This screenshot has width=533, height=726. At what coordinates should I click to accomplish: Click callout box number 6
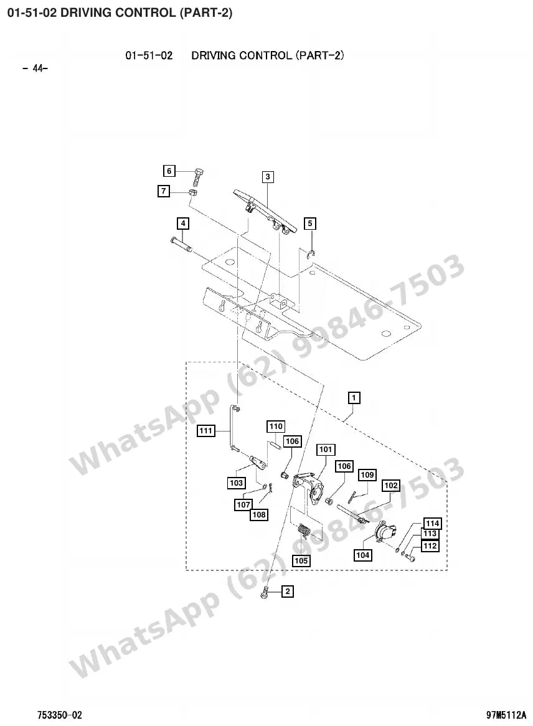[x=169, y=171]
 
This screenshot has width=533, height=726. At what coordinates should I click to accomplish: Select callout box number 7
[x=164, y=191]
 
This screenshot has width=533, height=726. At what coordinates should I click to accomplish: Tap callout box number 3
[x=268, y=176]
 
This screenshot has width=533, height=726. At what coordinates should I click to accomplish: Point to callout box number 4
[x=183, y=224]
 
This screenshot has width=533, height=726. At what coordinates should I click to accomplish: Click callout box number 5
[x=310, y=224]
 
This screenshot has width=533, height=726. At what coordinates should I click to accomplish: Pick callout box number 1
[x=354, y=397]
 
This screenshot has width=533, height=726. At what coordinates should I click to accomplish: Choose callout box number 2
[x=288, y=592]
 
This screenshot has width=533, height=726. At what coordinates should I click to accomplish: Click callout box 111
[x=205, y=431]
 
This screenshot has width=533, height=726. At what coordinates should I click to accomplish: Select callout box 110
[x=276, y=426]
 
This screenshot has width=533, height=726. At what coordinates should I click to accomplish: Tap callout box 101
[x=326, y=449]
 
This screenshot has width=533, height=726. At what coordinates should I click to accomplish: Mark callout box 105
[x=301, y=561]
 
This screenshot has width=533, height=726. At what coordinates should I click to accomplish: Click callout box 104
[x=362, y=555]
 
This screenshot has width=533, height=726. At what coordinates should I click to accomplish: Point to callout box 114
[x=432, y=523]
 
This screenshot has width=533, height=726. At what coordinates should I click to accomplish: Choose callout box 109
[x=367, y=474]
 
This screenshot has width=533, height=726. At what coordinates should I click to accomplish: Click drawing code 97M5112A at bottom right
[x=506, y=715]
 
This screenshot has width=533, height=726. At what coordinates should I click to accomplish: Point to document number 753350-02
[x=60, y=715]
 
